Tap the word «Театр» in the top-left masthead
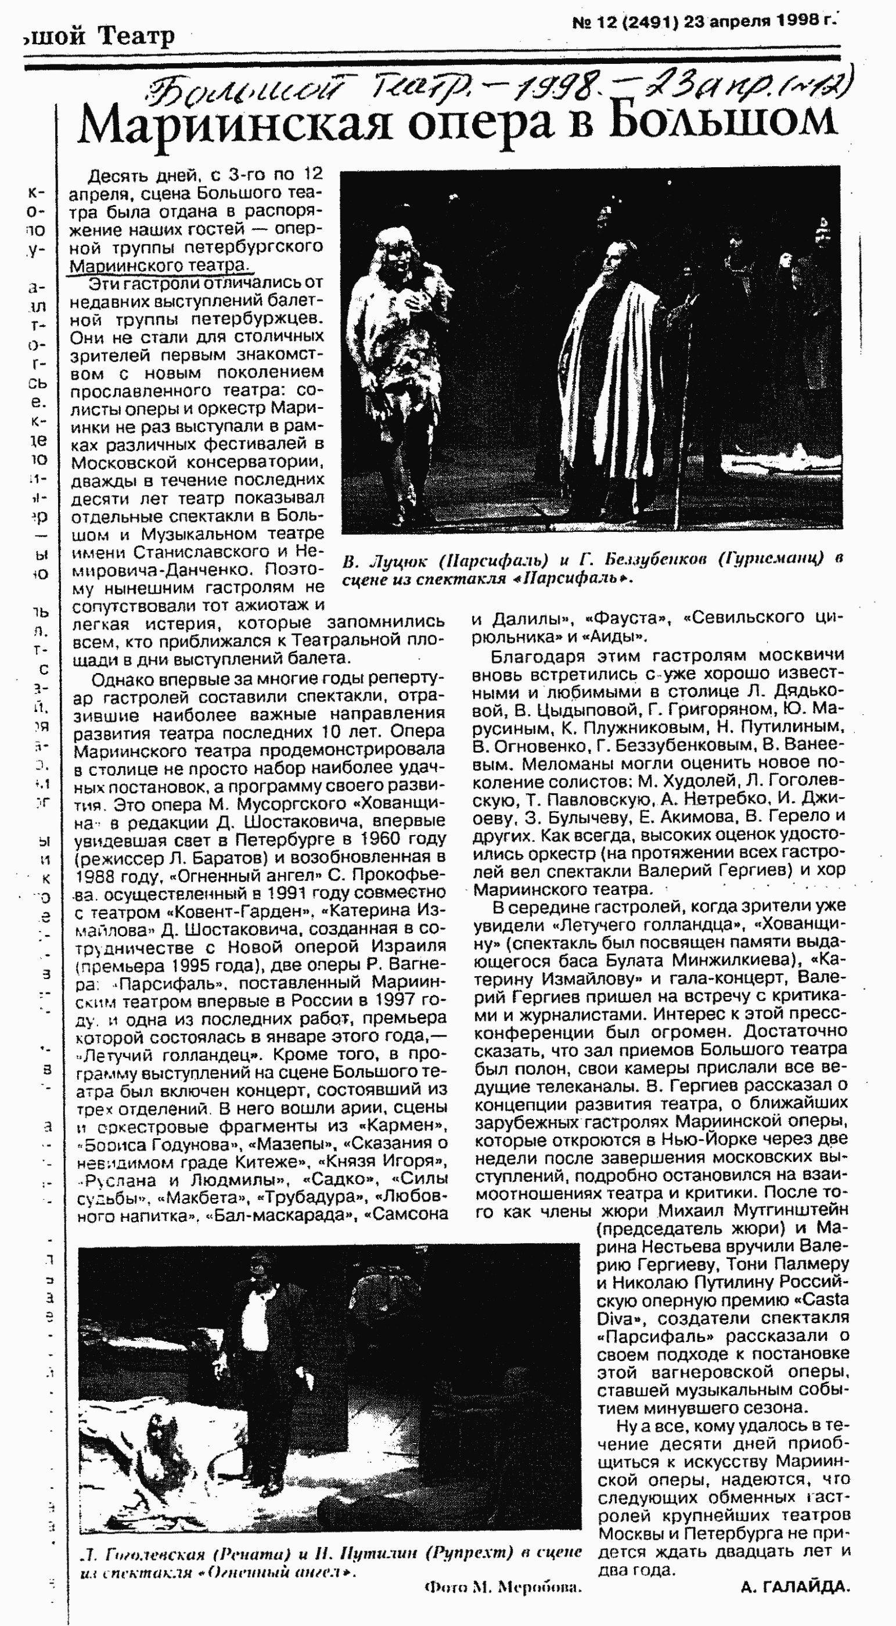click(136, 36)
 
